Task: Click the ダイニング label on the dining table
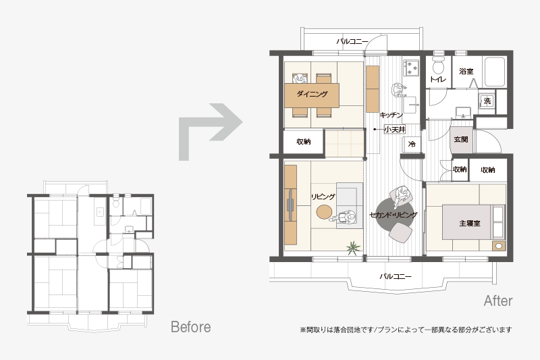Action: click(312, 94)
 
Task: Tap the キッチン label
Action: click(391, 115)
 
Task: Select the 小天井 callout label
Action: click(395, 130)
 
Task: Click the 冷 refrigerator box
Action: click(412, 144)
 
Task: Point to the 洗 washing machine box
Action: click(487, 101)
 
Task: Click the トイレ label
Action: click(437, 79)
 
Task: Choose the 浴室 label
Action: click(466, 72)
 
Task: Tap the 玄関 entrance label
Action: click(461, 139)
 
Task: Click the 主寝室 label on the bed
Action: click(469, 224)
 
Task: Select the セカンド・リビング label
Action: click(394, 215)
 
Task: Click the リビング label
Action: click(323, 197)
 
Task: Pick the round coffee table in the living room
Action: click(324, 212)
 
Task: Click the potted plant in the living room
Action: click(353, 248)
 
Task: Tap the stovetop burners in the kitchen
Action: click(411, 68)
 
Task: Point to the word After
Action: click(498, 301)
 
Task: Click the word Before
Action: click(191, 327)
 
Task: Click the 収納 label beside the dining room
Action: click(304, 141)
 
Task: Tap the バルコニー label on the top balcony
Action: click(352, 42)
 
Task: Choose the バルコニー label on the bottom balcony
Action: click(396, 276)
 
